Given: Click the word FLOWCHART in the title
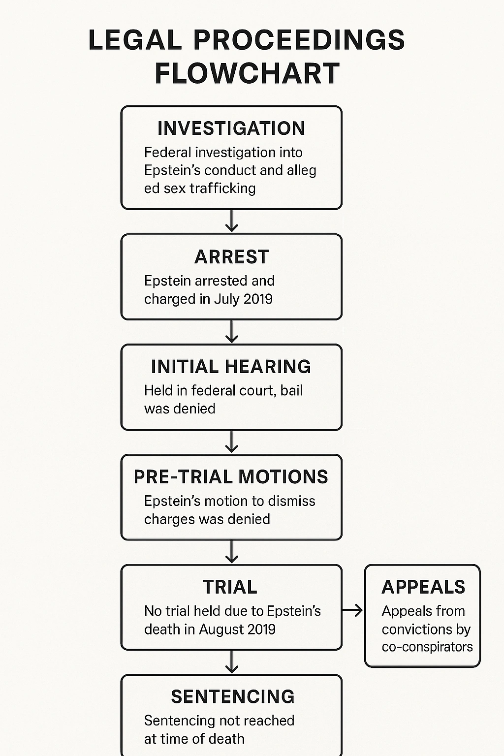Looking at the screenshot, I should pyautogui.click(x=247, y=73).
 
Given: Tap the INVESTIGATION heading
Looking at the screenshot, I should pyautogui.click(x=231, y=128).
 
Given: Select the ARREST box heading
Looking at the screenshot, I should pyautogui.click(x=231, y=257).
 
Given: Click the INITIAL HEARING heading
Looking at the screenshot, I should pyautogui.click(x=231, y=367).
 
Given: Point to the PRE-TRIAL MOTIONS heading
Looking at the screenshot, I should pyautogui.click(x=231, y=477).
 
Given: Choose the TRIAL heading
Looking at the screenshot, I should pyautogui.click(x=230, y=587).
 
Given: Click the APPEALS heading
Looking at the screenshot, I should pyautogui.click(x=423, y=587).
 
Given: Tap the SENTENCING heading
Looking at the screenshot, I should pyautogui.click(x=232, y=697).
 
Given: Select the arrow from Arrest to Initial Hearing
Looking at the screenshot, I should pyautogui.click(x=231, y=332).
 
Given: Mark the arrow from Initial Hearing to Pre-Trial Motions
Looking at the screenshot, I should pyautogui.click(x=231, y=442).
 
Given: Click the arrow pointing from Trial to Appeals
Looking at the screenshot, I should pyautogui.click(x=352, y=611).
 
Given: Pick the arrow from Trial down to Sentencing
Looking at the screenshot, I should pyautogui.click(x=231, y=662).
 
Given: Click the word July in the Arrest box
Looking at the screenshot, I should pyautogui.click(x=227, y=299).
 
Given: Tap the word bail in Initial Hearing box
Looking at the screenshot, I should pyautogui.click(x=291, y=391).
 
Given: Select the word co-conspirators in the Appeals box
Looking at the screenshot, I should pyautogui.click(x=427, y=647).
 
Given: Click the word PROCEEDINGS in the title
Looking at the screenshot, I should pyautogui.click(x=299, y=40).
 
